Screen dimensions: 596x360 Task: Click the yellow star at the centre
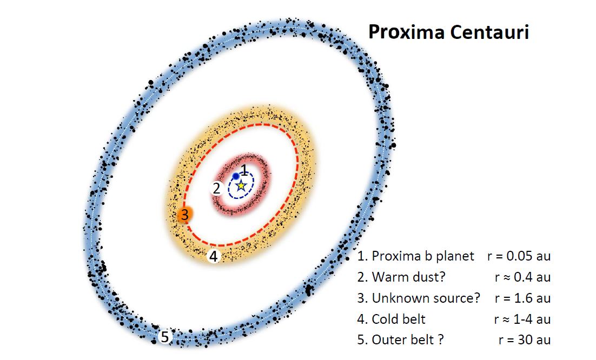[241, 186]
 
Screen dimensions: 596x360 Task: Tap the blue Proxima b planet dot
[236, 176]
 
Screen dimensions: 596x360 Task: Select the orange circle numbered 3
[185, 215]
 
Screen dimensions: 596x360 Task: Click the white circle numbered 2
[217, 188]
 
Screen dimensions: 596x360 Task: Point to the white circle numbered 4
[214, 256]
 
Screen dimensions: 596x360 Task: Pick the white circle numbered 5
[164, 337]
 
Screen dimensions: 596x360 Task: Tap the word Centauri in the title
[489, 32]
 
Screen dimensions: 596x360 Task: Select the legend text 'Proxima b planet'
[423, 256]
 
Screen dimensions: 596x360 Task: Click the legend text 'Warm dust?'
[408, 277]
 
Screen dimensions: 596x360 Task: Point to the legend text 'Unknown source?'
[426, 298]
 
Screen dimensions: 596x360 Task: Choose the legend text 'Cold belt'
[399, 319]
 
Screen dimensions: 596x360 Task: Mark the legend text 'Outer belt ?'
[407, 339]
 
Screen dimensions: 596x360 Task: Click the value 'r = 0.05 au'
[519, 256]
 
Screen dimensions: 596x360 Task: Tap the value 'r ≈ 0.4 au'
[522, 277]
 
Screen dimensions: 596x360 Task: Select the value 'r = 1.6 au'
[522, 298]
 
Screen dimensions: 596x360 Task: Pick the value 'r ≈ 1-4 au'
[522, 319]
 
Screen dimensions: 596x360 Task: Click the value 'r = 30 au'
[525, 339]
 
